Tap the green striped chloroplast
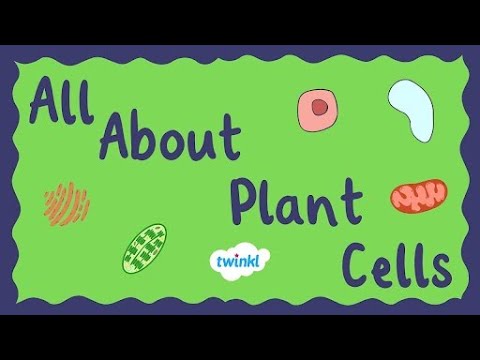coord(144,249)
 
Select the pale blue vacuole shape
coord(412,108)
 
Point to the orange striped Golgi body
coord(67,203)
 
